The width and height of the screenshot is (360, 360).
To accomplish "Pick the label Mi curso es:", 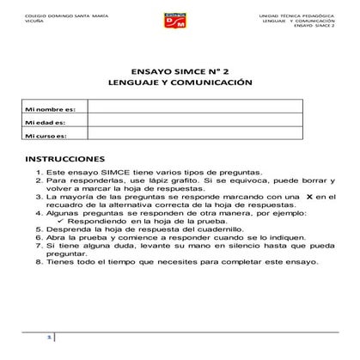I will tap(46, 135).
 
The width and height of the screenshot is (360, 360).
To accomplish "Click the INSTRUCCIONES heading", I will tap(65, 160).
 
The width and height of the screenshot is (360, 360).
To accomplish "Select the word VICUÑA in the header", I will tap(34, 23).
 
